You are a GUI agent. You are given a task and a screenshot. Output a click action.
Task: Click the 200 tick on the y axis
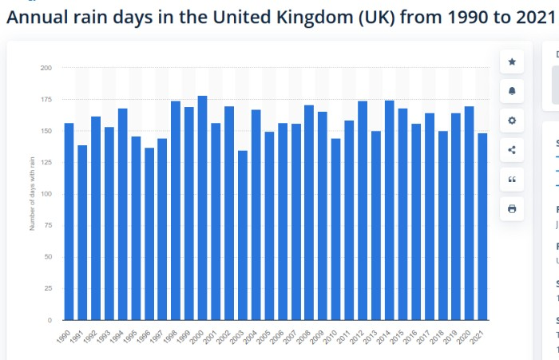tap(46, 68)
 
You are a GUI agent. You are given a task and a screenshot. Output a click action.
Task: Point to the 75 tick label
tap(47, 226)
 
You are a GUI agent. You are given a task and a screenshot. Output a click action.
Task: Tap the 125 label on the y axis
tap(46, 163)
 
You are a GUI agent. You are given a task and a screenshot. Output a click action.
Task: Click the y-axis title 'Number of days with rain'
tap(32, 193)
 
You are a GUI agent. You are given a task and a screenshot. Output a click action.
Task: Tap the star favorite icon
tap(512, 61)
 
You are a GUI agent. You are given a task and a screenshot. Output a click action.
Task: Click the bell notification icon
tap(512, 91)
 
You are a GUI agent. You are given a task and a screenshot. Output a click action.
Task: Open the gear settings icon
tap(512, 121)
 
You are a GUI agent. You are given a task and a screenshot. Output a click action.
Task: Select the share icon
tap(512, 150)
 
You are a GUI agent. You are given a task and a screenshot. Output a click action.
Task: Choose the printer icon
tap(512, 209)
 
